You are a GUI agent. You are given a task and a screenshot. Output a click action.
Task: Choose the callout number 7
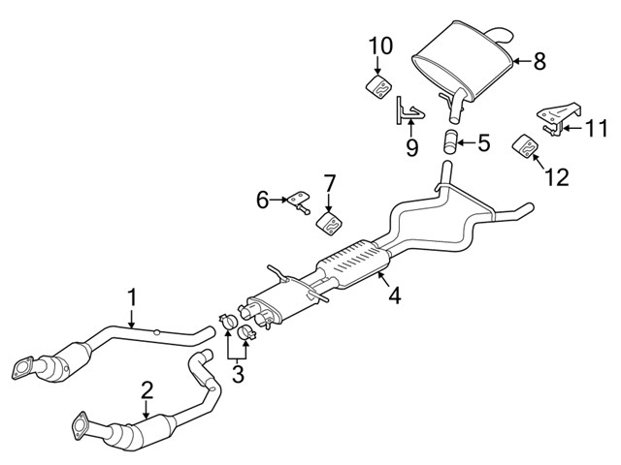(x=329, y=182)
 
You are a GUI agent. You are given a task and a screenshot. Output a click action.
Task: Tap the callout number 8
(x=539, y=60)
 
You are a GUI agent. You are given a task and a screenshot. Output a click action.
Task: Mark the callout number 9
(x=410, y=147)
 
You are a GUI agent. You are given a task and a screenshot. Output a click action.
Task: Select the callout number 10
(x=380, y=45)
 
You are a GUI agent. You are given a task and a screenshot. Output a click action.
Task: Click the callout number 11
(x=597, y=127)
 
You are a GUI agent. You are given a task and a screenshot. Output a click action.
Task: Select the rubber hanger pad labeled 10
(x=379, y=86)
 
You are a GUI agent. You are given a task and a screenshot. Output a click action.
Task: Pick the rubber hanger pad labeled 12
(x=525, y=146)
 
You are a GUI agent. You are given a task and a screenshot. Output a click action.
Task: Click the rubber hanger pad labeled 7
(x=329, y=225)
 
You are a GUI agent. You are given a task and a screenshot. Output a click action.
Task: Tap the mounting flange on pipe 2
(x=79, y=424)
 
